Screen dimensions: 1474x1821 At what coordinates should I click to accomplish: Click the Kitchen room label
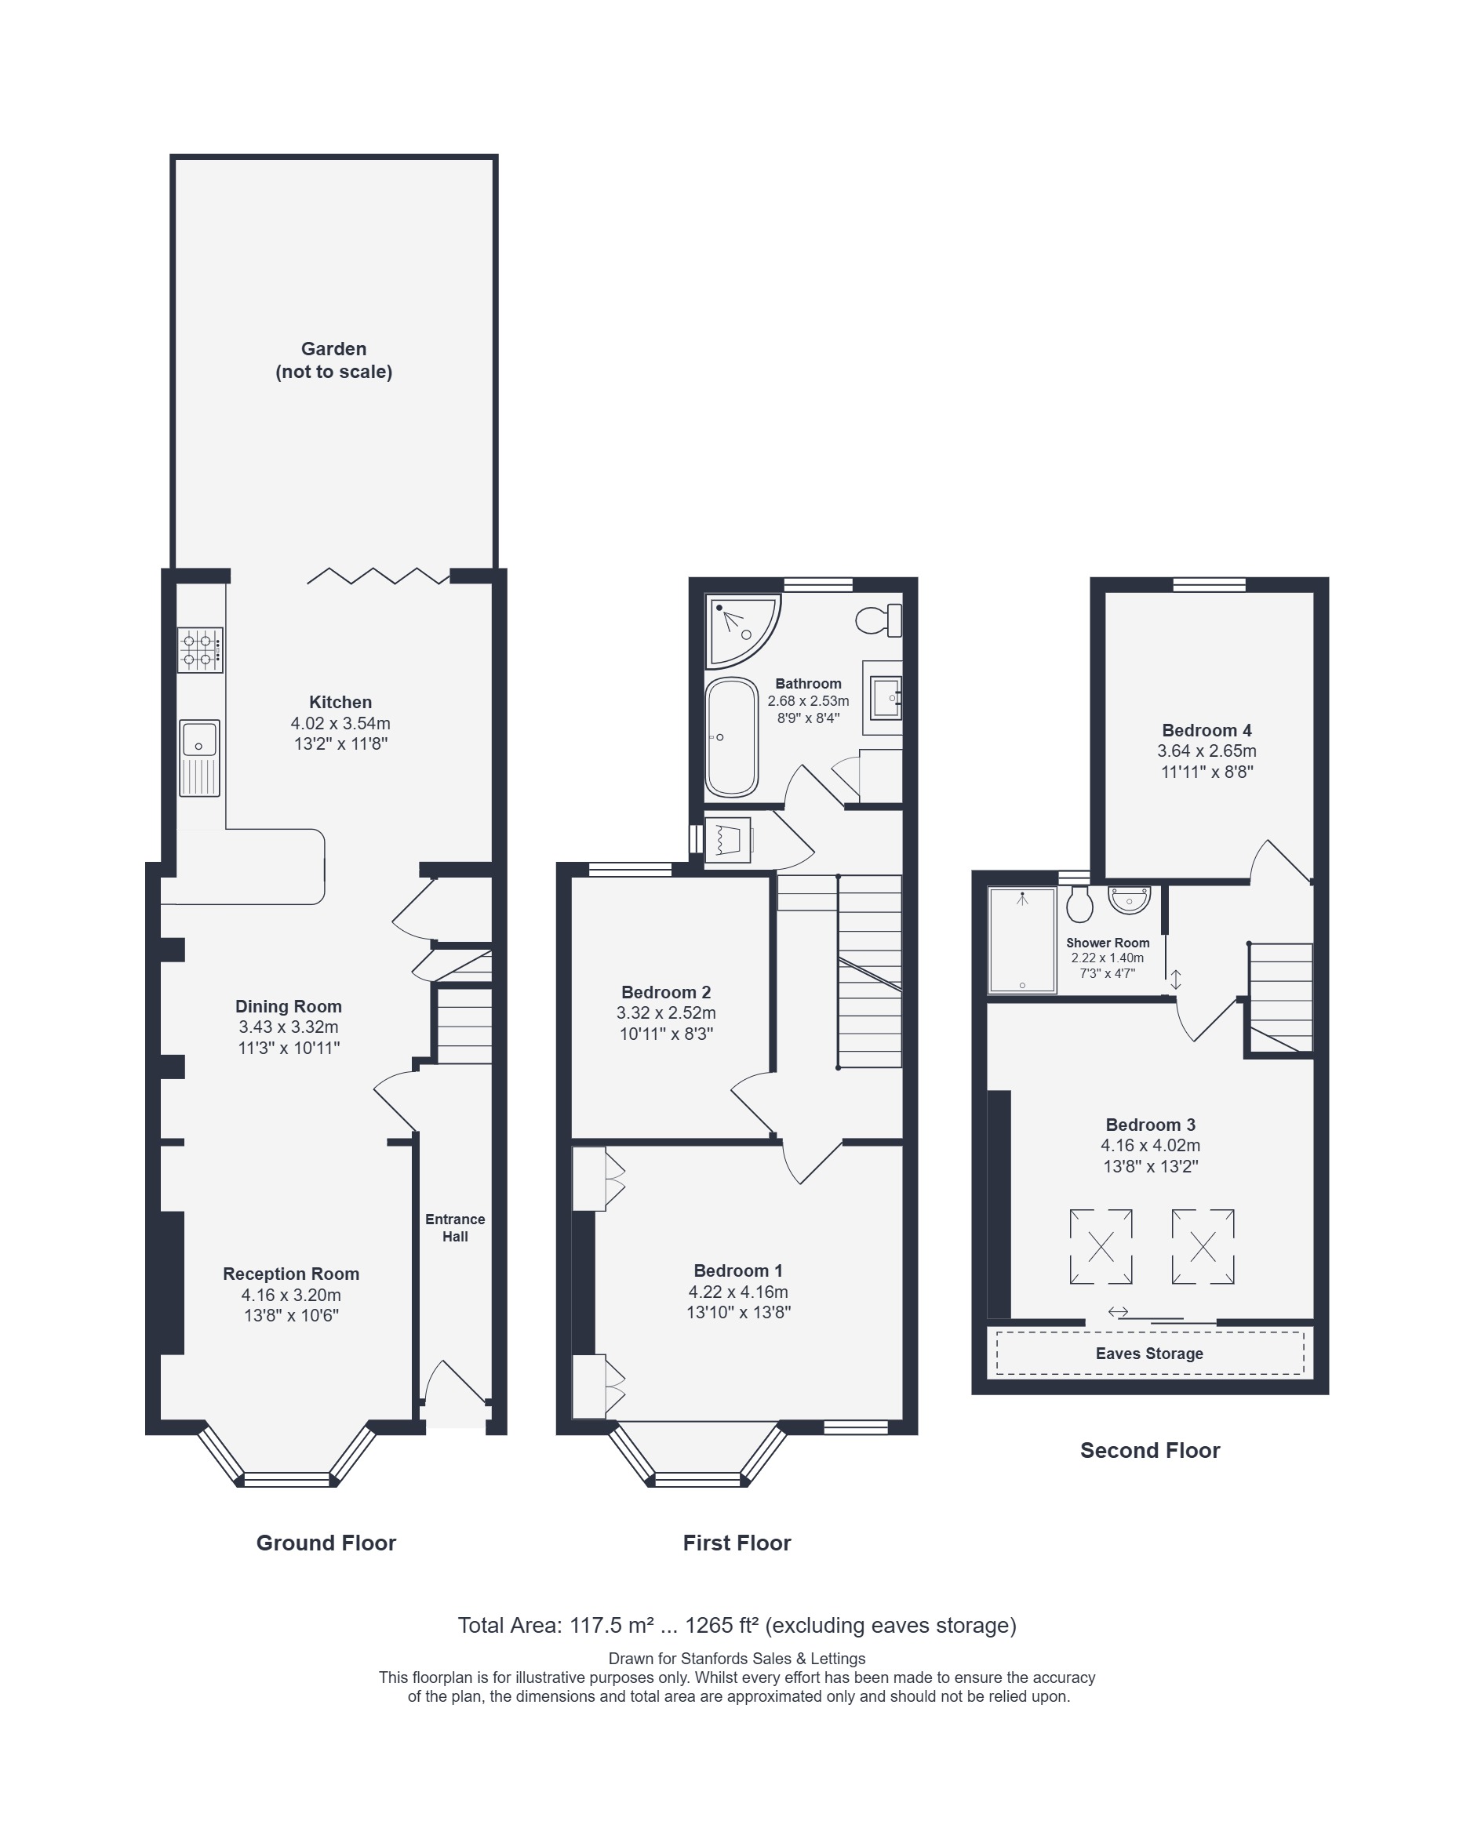tap(340, 702)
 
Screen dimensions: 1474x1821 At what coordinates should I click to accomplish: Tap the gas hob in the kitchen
tap(200, 649)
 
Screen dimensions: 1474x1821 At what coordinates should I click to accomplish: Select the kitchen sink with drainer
tap(199, 758)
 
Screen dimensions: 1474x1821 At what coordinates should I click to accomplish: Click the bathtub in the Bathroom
tap(731, 737)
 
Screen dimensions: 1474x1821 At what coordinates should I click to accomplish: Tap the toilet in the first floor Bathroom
tap(879, 620)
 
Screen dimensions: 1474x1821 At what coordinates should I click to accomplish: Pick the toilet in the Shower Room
tap(1079, 904)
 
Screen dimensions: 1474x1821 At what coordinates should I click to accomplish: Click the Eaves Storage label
tap(1148, 1354)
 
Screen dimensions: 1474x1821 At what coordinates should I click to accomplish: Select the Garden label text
tap(333, 360)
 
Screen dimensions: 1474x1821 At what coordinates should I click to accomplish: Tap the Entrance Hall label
tap(455, 1227)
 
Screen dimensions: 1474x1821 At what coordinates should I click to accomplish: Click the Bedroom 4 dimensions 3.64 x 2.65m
tap(1206, 751)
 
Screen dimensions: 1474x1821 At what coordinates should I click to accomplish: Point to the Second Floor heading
tap(1150, 1450)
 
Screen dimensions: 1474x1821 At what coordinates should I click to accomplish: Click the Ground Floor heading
tap(326, 1543)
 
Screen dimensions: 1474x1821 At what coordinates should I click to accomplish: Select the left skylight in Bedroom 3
tap(1101, 1247)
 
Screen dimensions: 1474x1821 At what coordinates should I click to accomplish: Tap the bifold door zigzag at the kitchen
tap(378, 576)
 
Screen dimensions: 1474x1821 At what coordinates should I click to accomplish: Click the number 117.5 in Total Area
tap(596, 1625)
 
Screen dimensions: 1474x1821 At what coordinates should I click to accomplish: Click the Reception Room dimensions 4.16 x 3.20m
tap(291, 1295)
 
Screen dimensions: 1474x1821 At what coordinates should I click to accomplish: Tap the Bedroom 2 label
tap(666, 991)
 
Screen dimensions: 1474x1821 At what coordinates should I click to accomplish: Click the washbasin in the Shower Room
tap(1130, 900)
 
